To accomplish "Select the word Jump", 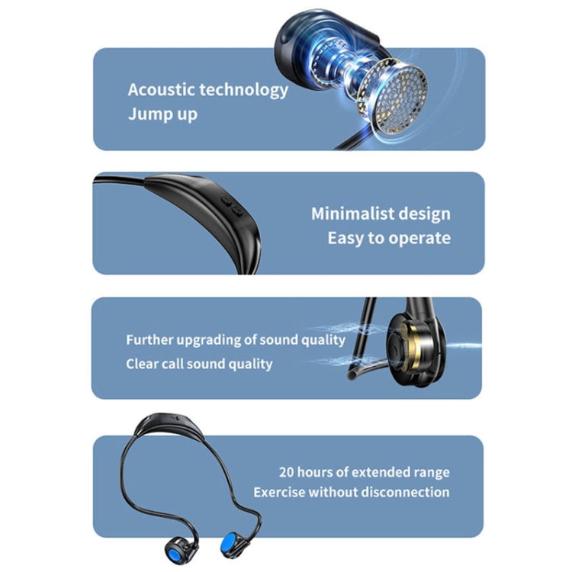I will click(x=145, y=114).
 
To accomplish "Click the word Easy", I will click(x=345, y=238).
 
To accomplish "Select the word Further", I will click(x=150, y=340).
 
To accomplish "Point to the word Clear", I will click(x=142, y=364).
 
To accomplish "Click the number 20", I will click(x=287, y=473).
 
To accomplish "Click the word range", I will click(x=430, y=473).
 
